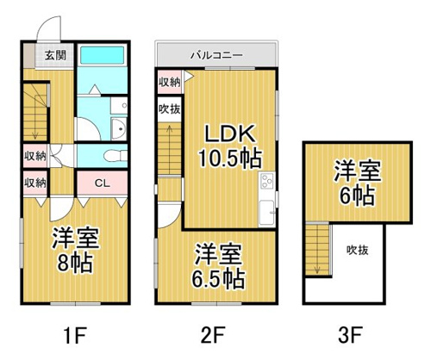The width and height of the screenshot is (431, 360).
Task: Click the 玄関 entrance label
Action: (x=55, y=55)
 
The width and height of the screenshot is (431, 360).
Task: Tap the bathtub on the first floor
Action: (x=102, y=55)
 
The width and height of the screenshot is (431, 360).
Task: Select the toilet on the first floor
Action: (x=116, y=156)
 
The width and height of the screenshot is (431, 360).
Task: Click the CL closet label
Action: (x=103, y=183)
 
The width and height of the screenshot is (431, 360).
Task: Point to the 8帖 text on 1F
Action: (x=75, y=263)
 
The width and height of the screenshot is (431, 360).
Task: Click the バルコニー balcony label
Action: (x=216, y=55)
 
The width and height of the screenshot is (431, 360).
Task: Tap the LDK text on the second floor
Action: (x=230, y=133)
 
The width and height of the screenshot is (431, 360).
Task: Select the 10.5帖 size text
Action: (x=230, y=158)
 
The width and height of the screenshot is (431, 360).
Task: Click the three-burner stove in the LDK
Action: (x=267, y=181)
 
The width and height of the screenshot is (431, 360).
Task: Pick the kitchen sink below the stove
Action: (x=266, y=212)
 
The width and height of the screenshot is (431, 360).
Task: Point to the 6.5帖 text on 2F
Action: (x=218, y=278)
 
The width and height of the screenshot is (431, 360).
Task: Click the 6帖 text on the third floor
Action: (x=358, y=196)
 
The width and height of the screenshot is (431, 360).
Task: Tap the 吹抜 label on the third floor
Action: (x=357, y=251)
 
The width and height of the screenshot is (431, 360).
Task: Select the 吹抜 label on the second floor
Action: (x=170, y=109)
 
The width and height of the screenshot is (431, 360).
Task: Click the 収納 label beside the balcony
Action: (x=170, y=83)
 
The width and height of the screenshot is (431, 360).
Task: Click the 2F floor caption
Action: (x=213, y=335)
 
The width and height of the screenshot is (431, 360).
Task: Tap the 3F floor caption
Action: (x=350, y=335)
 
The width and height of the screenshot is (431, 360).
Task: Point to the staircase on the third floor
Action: (x=317, y=250)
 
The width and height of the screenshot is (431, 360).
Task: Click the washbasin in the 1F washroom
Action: (x=119, y=128)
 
